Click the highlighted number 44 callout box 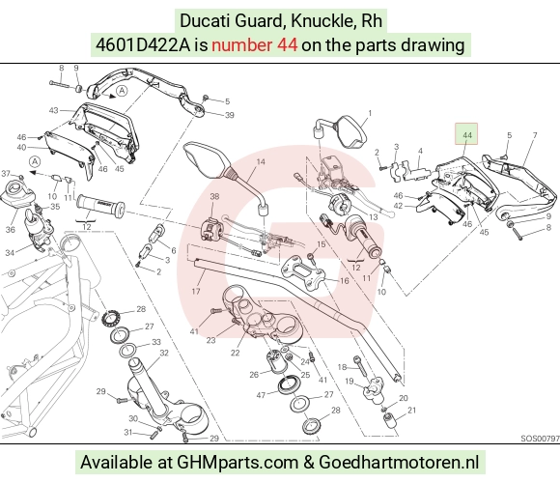[x=466, y=134]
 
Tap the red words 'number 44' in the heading [x=254, y=45]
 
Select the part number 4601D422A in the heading [x=143, y=45]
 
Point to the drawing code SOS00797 [x=540, y=438]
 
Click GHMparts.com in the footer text [x=238, y=463]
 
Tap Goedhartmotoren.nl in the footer [x=399, y=463]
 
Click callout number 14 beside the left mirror [x=261, y=162]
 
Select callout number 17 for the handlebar [x=196, y=291]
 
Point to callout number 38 [x=214, y=196]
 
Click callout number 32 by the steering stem [x=164, y=353]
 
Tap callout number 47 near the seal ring [x=261, y=395]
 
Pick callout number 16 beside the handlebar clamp [x=345, y=281]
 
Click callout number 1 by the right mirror [x=370, y=113]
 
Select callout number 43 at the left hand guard [x=53, y=110]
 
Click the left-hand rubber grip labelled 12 [x=100, y=206]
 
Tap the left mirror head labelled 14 [x=207, y=160]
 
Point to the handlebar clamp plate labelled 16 [x=303, y=271]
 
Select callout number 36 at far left [x=11, y=230]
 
